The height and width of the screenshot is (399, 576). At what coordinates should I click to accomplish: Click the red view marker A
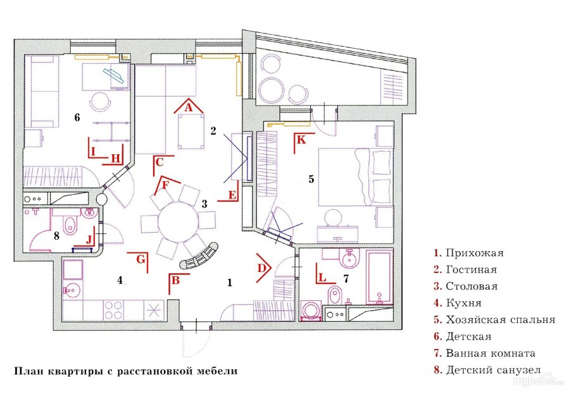(187, 107)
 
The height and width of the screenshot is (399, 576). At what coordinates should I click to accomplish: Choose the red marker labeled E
(231, 195)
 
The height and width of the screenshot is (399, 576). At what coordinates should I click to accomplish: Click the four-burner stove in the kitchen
(114, 309)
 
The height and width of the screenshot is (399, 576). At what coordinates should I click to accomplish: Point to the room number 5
(311, 179)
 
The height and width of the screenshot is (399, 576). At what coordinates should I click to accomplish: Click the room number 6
(77, 118)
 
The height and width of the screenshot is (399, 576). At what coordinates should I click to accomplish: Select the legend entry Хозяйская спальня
(500, 320)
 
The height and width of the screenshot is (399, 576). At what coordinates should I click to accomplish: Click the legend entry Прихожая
(473, 253)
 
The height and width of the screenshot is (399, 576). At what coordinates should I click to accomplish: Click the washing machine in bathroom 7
(311, 312)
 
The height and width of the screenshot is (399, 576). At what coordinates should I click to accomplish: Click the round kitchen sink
(69, 292)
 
